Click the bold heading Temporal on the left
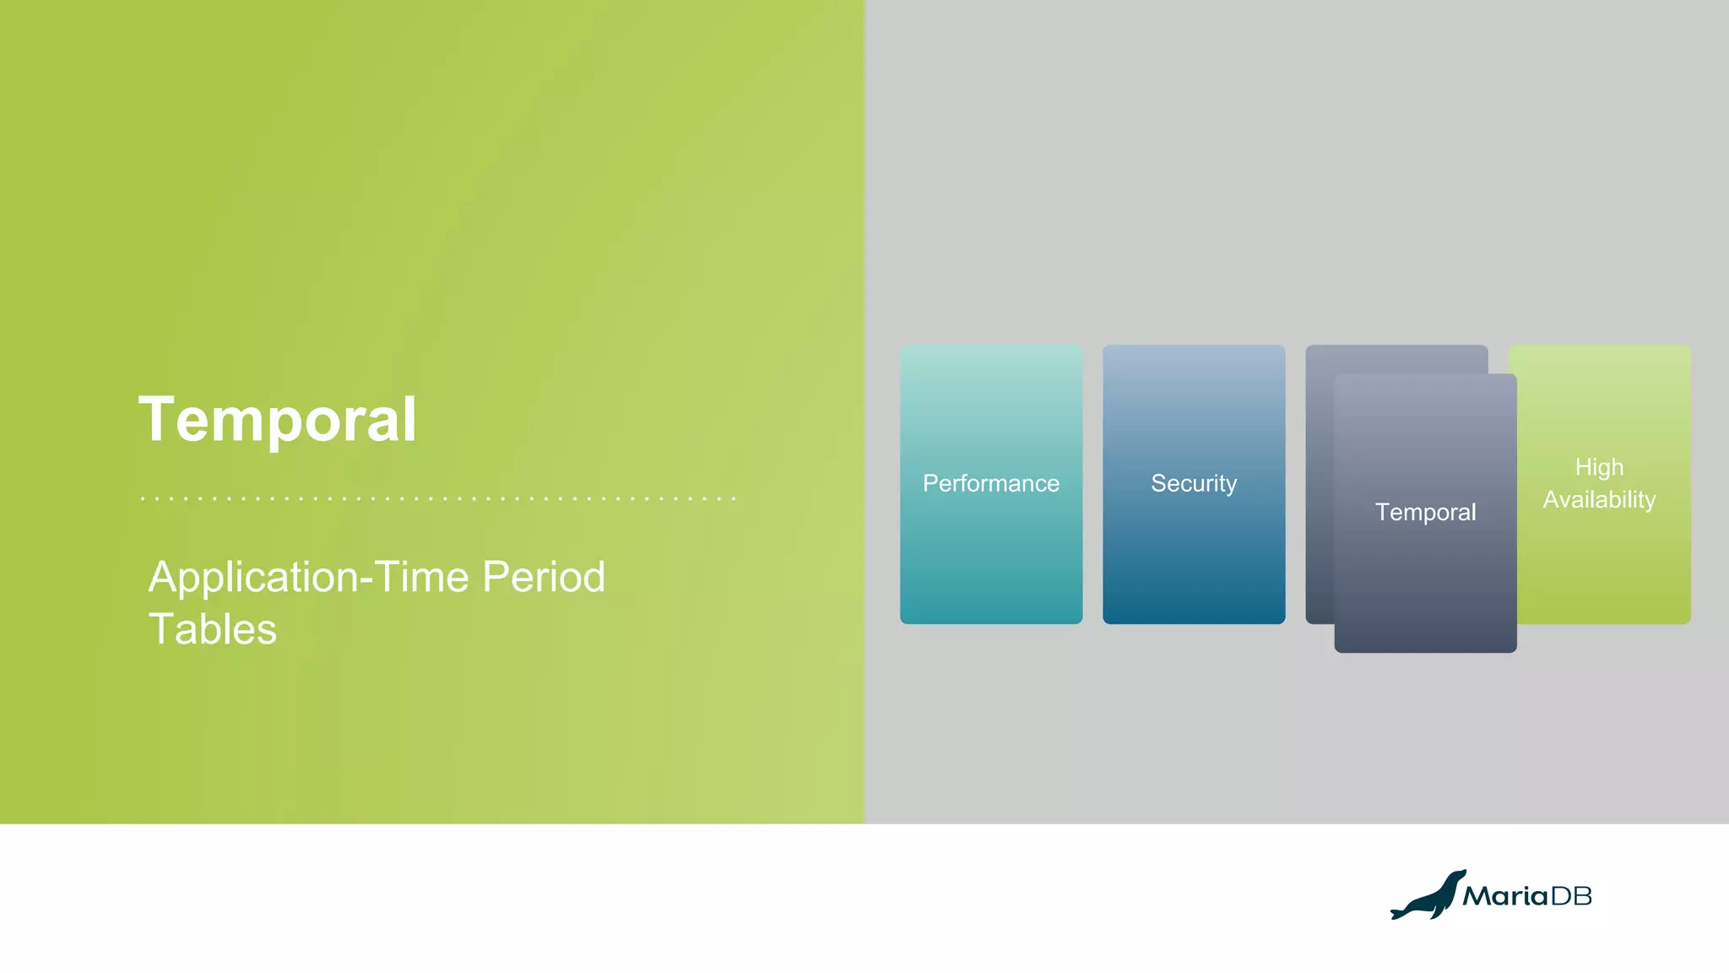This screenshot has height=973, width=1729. tap(278, 419)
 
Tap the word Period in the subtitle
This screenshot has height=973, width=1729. tap(544, 578)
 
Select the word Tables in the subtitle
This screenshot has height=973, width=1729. tap(213, 629)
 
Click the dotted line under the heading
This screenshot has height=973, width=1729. tap(437, 498)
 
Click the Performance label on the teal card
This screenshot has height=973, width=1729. tap(990, 483)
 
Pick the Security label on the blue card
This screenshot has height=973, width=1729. tap(1193, 483)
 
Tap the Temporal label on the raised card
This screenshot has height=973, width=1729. tap(1425, 512)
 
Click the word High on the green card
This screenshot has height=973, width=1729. tap(1599, 467)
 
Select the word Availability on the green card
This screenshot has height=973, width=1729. tap(1599, 499)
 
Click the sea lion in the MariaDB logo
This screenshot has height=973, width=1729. tap(1428, 897)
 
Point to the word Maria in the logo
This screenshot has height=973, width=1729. tap(1505, 896)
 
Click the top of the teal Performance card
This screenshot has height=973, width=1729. tap(990, 355)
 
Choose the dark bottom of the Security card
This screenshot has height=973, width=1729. tap(1193, 608)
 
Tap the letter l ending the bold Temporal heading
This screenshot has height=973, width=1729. tap(409, 419)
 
